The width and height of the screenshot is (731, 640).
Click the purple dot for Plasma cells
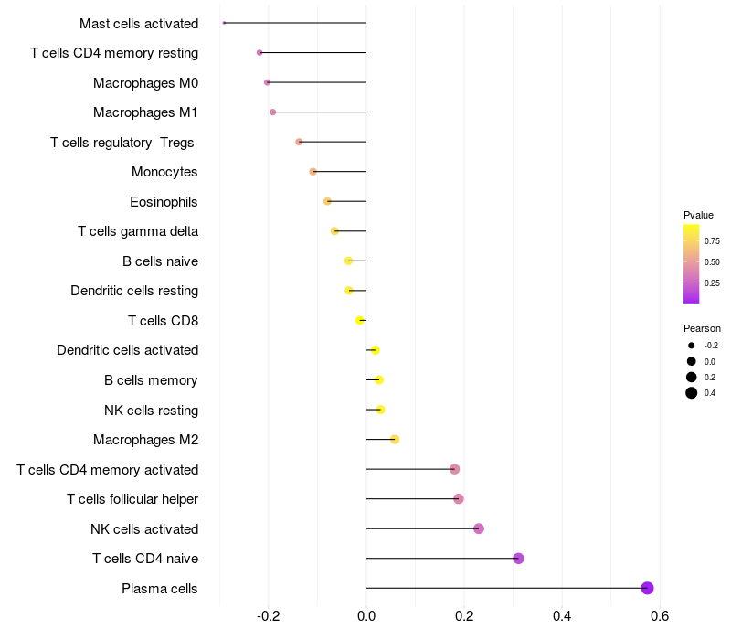point(647,588)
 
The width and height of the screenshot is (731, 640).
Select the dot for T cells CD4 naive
point(518,559)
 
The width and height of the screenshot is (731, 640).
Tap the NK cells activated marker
point(479,528)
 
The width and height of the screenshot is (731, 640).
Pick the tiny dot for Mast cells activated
point(224,23)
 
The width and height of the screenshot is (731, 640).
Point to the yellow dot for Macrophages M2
point(395,439)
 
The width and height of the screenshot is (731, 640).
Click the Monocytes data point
point(313,172)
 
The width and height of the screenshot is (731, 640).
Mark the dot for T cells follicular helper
point(459,499)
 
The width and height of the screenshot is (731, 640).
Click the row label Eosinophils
point(164,201)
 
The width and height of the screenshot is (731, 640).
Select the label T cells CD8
point(163,321)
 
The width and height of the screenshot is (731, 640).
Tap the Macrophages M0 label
point(145,83)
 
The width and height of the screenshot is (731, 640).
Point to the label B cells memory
point(151,380)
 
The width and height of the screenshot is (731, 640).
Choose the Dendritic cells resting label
point(134,291)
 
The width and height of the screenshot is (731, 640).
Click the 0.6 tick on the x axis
point(659,615)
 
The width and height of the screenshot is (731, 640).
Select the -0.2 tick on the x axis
point(268,615)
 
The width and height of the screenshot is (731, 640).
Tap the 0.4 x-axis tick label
point(561,615)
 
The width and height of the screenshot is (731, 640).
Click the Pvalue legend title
point(698,215)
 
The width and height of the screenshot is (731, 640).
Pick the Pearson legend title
point(702,328)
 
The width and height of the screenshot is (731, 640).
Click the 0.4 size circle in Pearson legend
point(692,393)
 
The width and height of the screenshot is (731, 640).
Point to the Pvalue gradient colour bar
point(692,263)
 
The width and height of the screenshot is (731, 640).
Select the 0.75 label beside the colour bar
point(712,241)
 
